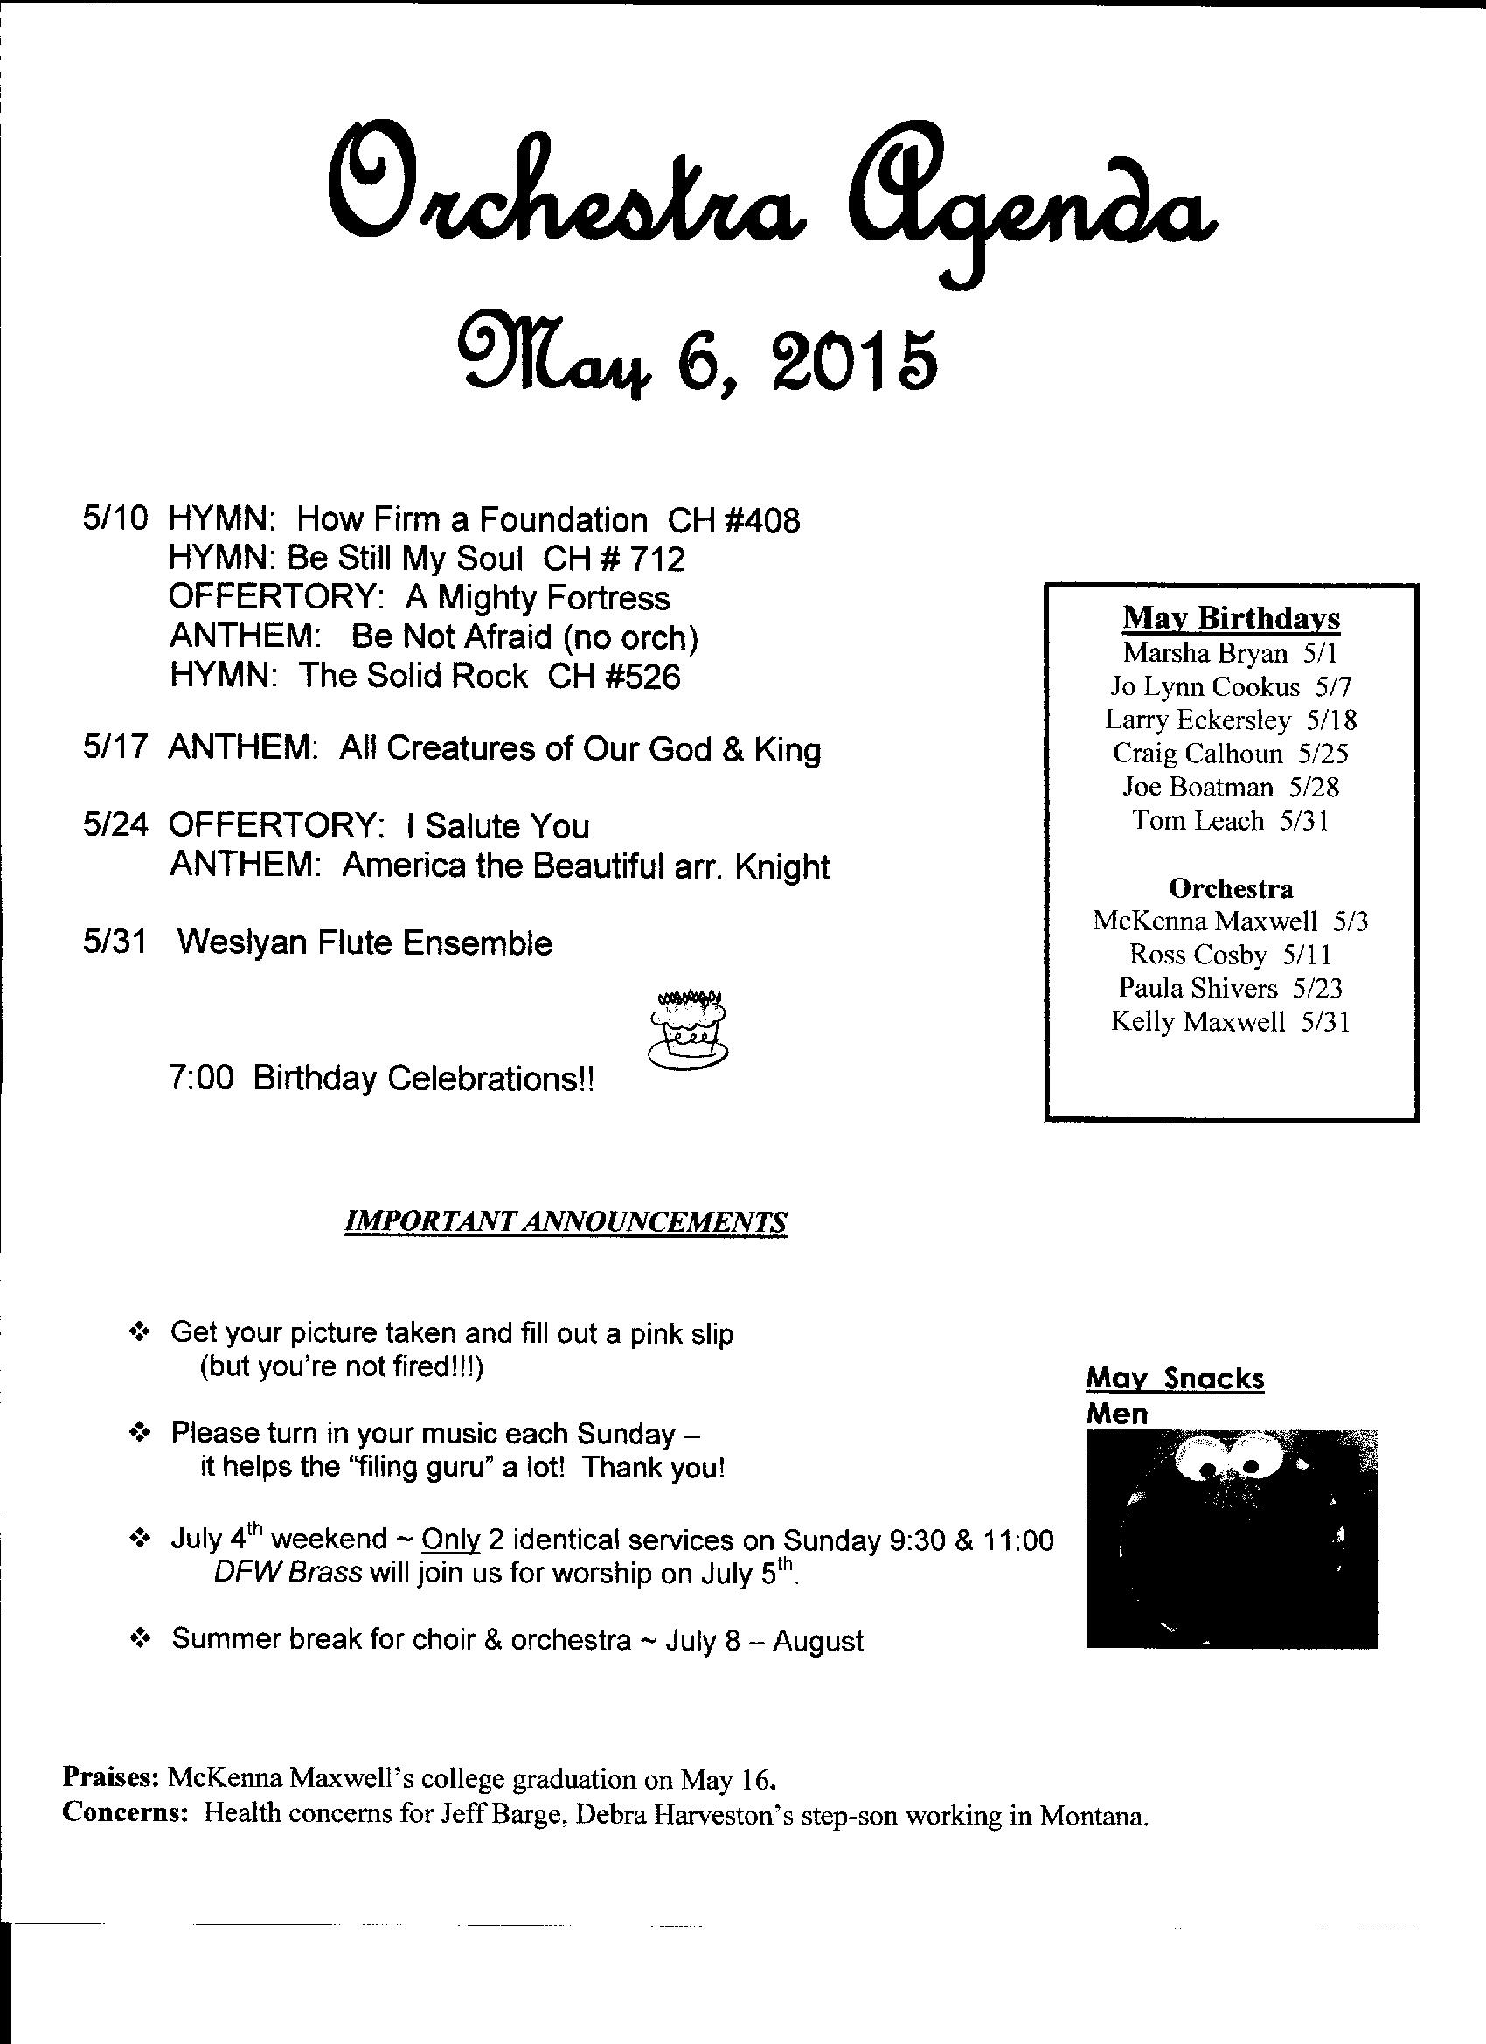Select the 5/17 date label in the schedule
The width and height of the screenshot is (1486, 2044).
click(115, 749)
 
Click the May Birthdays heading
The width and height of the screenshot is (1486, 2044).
click(1231, 618)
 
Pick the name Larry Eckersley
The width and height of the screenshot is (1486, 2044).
click(1198, 720)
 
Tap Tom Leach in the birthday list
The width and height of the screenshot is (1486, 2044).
click(1198, 820)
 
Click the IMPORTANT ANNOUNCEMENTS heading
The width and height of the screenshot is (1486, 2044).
click(566, 1221)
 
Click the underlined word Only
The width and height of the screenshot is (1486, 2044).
click(450, 1540)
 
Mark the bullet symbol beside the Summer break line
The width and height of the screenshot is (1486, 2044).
click(140, 1640)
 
